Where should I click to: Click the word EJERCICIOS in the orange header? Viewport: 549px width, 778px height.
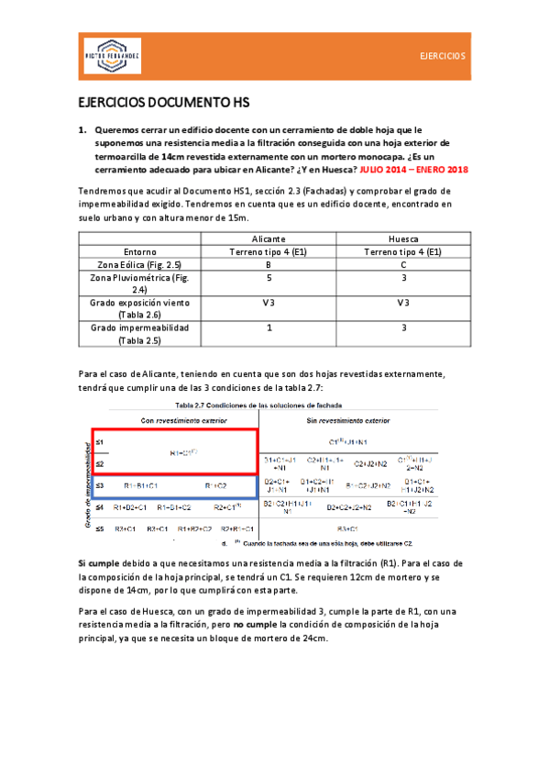(x=443, y=56)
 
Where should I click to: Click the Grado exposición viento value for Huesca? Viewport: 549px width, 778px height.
(x=402, y=303)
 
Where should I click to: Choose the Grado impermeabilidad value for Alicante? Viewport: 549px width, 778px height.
(x=269, y=328)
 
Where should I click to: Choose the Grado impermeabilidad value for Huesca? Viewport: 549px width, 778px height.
(x=402, y=328)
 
